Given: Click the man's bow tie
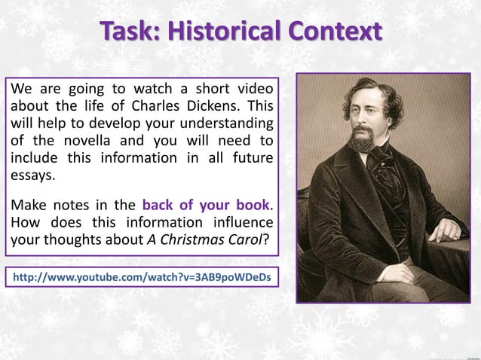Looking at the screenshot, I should pos(375,158).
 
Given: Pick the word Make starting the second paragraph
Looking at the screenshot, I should pos(27,206).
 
